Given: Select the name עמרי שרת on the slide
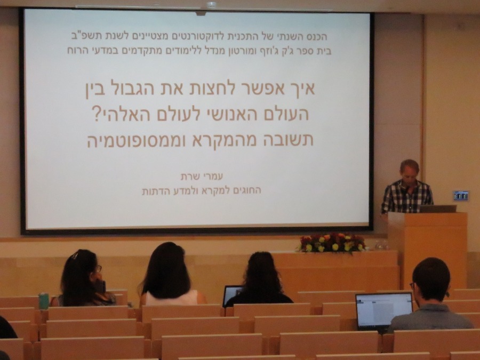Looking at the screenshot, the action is pos(202,177).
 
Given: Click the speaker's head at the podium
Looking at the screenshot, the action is pos(410,171).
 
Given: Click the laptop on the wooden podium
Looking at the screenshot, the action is pos(438,209).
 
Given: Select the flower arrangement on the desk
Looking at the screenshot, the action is pos(332,243).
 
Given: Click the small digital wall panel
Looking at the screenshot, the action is pos(461,196).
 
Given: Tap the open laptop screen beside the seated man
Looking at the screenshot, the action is pos(384,310).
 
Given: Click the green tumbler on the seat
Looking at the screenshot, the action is pos(44,301).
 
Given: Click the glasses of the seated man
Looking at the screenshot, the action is pos(413,286).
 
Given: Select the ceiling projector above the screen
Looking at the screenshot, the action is pos(211,5).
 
